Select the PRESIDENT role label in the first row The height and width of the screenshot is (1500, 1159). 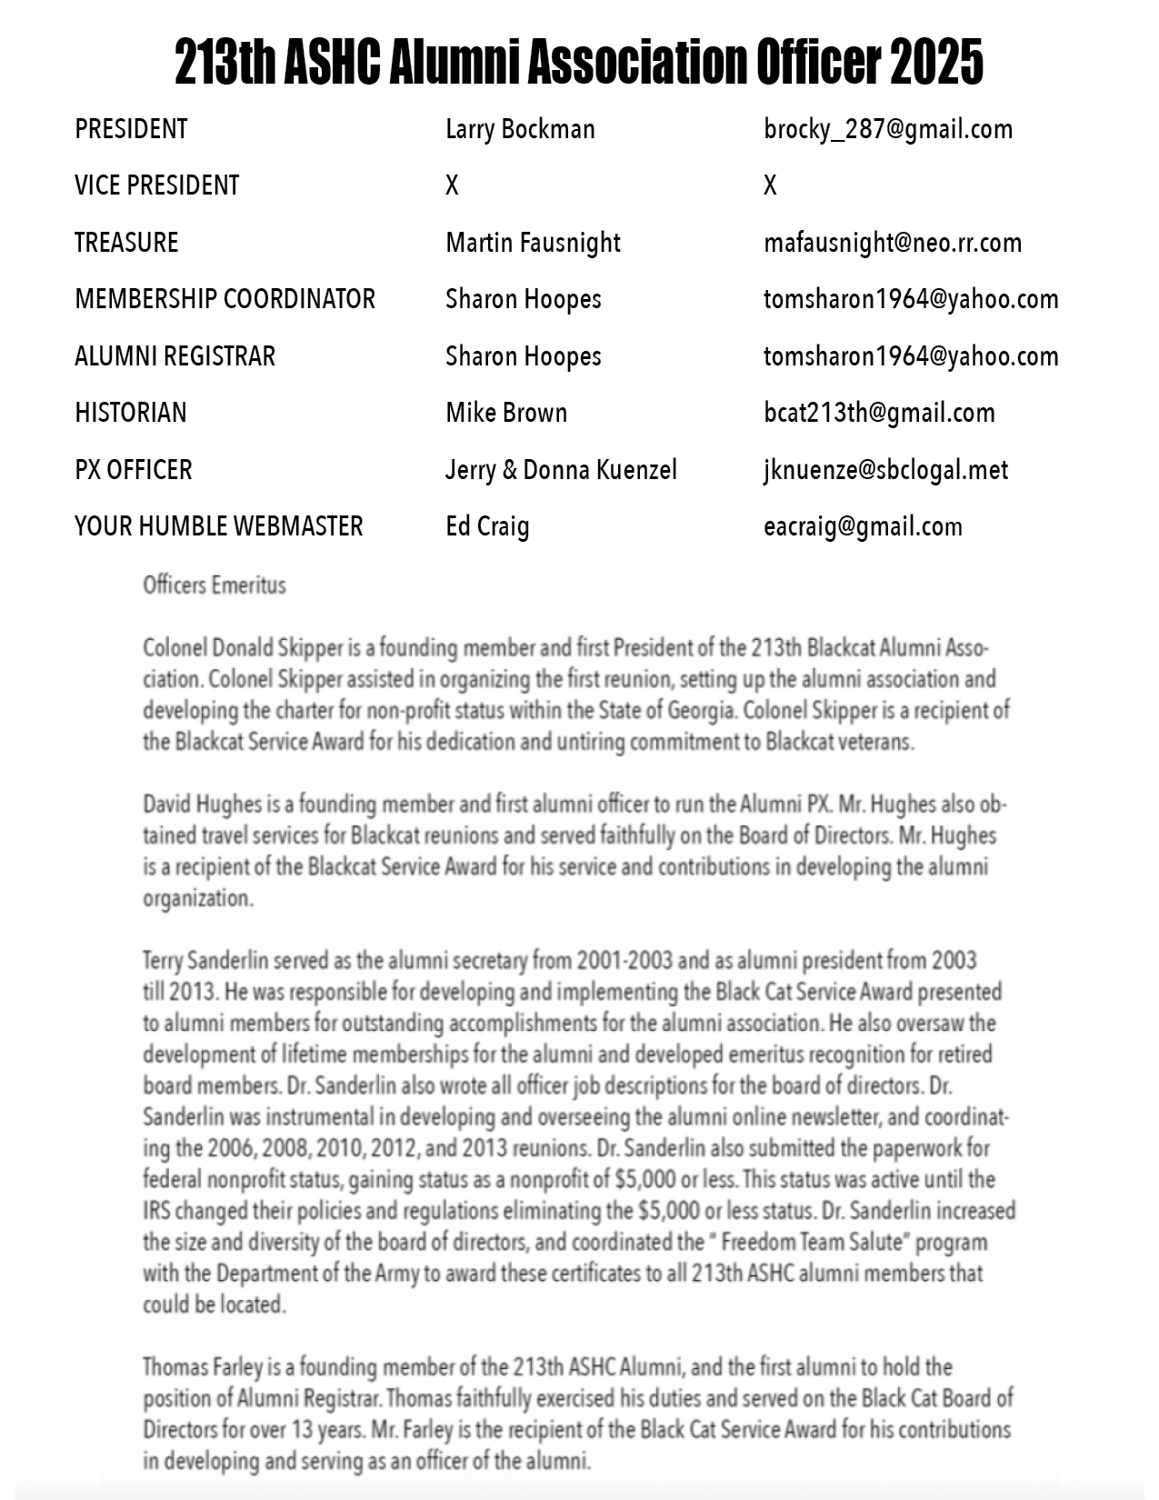coord(131,129)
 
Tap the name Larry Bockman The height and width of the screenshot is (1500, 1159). coord(520,129)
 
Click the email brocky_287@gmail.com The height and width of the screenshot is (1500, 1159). coord(888,129)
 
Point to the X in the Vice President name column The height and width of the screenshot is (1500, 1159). coord(452,185)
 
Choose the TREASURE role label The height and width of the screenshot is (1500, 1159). coord(126,243)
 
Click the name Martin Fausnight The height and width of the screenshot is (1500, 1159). coord(533,243)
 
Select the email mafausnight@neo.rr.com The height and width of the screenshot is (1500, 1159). coord(893,243)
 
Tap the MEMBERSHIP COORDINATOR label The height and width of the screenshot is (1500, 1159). coord(225,299)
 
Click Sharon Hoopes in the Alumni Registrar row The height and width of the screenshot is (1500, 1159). coord(523,356)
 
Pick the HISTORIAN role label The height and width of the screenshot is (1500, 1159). coord(130,413)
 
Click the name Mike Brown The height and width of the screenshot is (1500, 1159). coord(505,413)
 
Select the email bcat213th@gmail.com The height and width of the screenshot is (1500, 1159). coord(879,413)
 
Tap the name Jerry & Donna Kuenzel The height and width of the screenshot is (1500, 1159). coord(561,470)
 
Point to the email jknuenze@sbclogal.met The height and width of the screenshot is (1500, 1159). coord(885,470)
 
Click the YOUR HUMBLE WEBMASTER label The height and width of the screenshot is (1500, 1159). coord(218,526)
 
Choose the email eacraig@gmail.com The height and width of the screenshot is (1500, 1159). coord(863,526)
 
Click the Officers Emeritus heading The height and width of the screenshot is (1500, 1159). coord(214,585)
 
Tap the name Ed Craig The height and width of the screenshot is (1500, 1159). coord(487,526)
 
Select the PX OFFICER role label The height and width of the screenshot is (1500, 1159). coord(133,470)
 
